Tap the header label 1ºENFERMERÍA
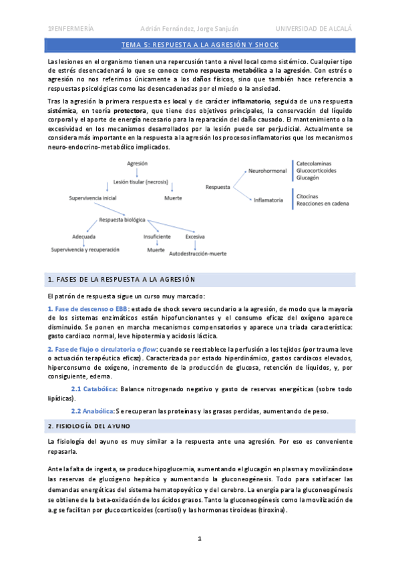[x=70, y=28]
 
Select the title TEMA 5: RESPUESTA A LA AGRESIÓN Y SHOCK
[x=200, y=45]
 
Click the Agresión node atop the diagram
[x=137, y=163]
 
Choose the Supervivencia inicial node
[x=93, y=198]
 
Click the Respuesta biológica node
[x=122, y=220]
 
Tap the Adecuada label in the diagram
[x=83, y=236]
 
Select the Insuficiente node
[x=157, y=236]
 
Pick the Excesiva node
[x=195, y=236]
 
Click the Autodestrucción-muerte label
[x=198, y=254]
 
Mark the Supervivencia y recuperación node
[x=85, y=249]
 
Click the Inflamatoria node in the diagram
[x=266, y=200]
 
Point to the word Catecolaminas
[x=317, y=162]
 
